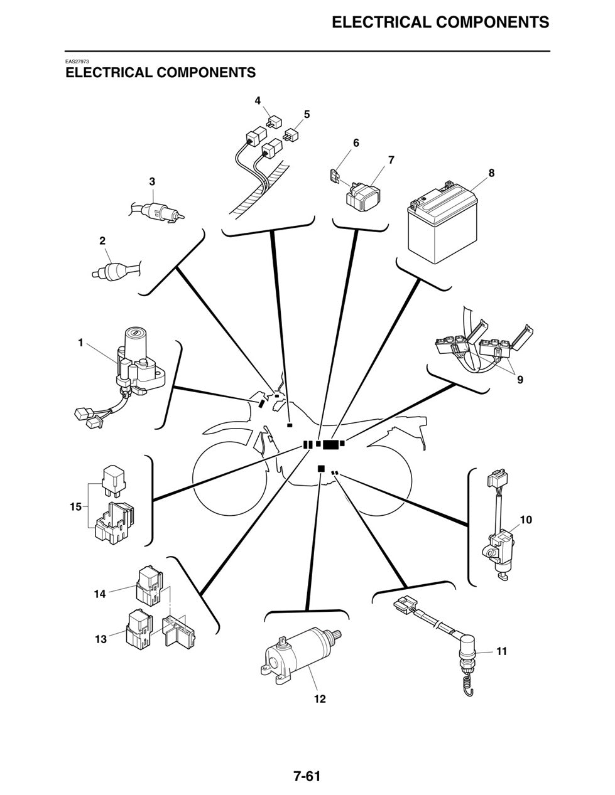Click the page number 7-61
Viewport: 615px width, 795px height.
click(307, 776)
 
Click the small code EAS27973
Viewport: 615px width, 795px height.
click(77, 61)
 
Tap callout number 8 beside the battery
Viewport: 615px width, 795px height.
click(491, 173)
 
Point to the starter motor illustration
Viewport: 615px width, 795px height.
click(300, 655)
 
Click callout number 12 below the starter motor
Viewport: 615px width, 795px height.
click(320, 698)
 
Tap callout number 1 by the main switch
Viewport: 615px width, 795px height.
click(80, 343)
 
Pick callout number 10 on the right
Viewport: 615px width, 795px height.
click(526, 520)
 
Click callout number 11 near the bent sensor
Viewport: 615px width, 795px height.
click(501, 651)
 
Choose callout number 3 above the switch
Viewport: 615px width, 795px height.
click(152, 181)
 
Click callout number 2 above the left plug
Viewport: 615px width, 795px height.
click(102, 240)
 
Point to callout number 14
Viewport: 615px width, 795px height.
click(100, 593)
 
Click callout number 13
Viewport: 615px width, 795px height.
click(101, 639)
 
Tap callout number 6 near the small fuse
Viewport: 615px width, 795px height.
click(356, 143)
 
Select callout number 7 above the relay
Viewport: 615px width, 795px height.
click(391, 160)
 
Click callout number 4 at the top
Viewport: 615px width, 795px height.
click(258, 100)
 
